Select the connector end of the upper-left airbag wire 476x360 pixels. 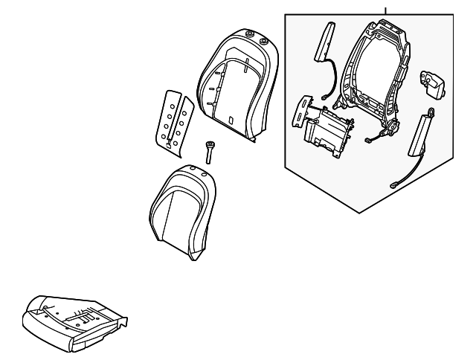click(328, 95)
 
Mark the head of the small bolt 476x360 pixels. click(211, 144)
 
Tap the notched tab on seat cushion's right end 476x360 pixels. click(126, 321)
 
